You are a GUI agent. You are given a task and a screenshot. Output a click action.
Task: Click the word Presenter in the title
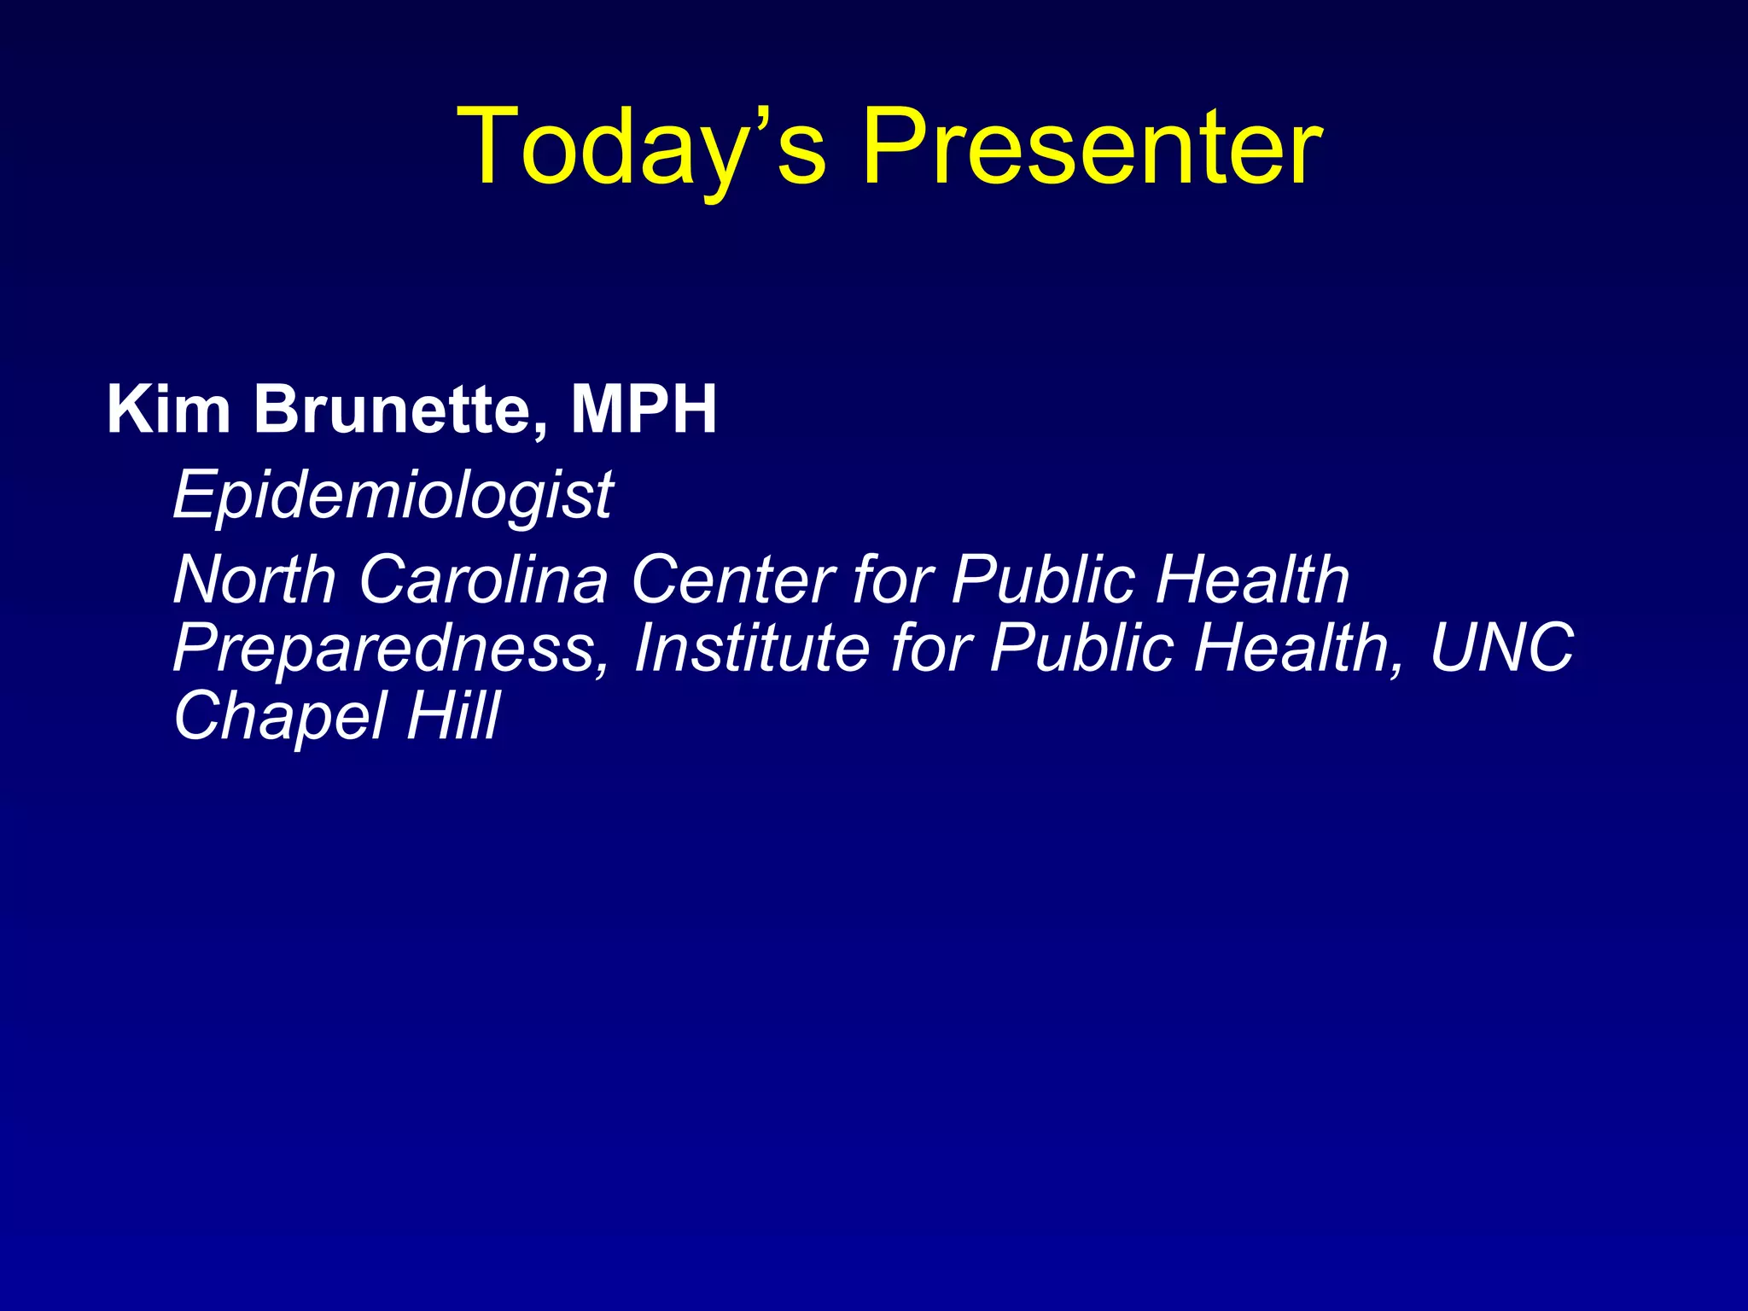pos(1092,147)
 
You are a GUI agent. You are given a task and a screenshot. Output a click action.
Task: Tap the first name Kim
pos(168,410)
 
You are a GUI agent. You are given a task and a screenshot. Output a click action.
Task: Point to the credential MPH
pos(644,410)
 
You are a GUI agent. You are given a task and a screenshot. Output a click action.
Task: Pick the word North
pos(254,580)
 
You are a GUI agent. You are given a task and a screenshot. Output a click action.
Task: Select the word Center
pos(732,580)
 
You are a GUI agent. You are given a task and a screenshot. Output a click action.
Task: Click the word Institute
pos(751,647)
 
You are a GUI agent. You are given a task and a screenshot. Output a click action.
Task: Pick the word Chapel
pos(280,715)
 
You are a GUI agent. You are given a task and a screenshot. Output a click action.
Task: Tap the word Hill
pos(452,715)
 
